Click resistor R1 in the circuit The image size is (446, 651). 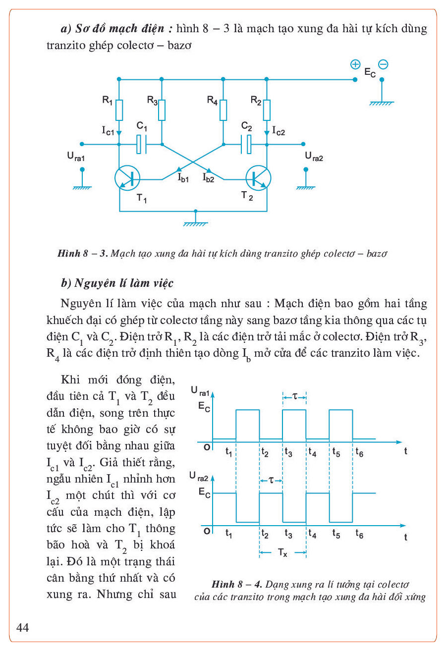click(x=119, y=110)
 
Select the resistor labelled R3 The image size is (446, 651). click(x=162, y=110)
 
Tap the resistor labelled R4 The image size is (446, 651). click(x=223, y=110)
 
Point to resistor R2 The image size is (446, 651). click(x=267, y=110)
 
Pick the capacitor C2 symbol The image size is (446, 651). click(x=246, y=145)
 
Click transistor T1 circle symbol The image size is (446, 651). click(x=127, y=177)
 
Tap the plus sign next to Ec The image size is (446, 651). click(x=355, y=64)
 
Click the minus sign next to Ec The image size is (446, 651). click(x=383, y=64)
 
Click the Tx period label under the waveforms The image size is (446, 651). click(x=282, y=553)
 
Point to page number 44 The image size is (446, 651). click(x=23, y=628)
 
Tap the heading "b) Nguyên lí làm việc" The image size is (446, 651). click(x=117, y=283)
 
